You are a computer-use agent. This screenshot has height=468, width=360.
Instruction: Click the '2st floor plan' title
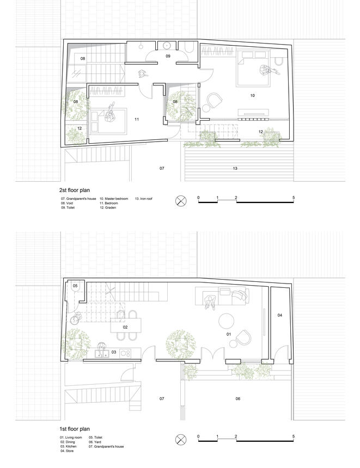75,190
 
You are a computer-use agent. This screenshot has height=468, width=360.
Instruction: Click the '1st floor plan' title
75,429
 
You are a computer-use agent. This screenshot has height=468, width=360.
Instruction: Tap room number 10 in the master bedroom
253,96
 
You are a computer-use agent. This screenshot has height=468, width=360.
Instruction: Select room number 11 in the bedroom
137,119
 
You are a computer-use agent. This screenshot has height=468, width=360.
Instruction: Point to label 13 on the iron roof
235,168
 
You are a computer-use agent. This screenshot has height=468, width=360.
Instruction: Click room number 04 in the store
279,315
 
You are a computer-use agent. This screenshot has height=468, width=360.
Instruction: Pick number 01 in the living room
229,334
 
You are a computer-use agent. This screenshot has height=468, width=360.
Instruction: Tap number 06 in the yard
238,398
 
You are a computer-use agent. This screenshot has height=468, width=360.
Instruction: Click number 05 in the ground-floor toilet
75,286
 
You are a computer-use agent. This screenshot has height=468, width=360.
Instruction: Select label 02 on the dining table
125,327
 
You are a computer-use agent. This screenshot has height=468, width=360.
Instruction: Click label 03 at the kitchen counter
113,352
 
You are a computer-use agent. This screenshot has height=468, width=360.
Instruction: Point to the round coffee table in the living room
226,321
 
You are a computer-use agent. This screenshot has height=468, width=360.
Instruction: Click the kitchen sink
102,354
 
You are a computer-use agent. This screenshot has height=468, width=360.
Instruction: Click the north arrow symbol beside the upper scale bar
180,200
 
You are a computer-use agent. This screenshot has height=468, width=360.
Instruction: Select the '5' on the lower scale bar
294,436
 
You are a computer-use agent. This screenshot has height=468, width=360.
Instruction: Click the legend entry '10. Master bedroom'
113,199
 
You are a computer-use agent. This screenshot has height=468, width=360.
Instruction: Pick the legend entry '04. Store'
67,451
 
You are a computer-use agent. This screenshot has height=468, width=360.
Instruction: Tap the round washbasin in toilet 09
167,46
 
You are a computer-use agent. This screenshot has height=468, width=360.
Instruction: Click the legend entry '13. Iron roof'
144,199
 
